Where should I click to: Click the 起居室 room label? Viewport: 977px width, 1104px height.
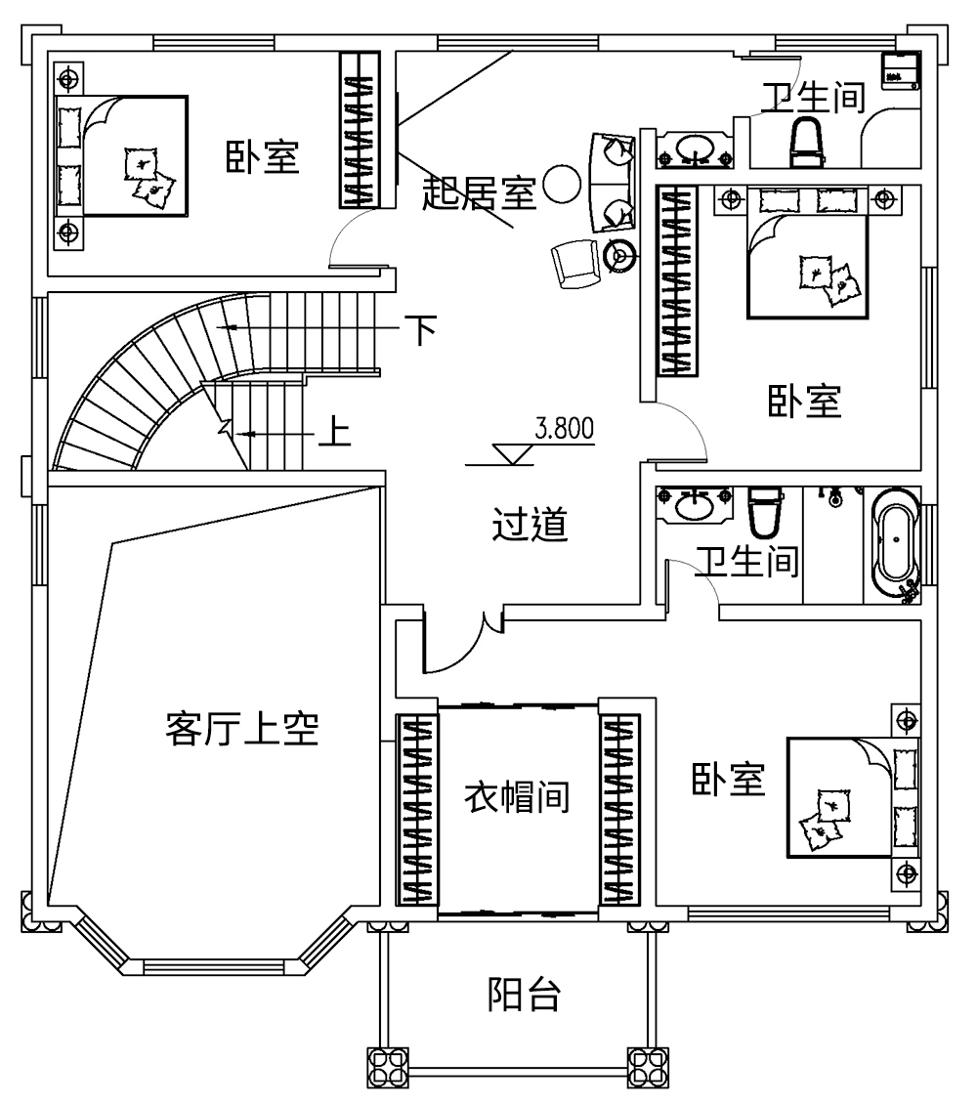pos(478,193)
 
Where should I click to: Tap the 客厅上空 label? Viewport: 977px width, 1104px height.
pos(242,729)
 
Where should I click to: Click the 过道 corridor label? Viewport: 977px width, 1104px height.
pos(529,527)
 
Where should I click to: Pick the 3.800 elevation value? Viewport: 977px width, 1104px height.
pos(565,429)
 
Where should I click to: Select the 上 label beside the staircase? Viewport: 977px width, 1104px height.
pos(335,432)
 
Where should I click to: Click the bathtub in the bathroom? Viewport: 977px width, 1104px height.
pos(895,544)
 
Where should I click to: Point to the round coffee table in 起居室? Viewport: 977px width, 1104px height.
pos(562,183)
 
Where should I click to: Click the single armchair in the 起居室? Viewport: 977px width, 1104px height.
pos(574,263)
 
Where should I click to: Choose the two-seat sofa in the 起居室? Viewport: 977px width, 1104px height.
pos(613,182)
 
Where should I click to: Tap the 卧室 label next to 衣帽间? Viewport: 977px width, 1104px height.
pos(729,780)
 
